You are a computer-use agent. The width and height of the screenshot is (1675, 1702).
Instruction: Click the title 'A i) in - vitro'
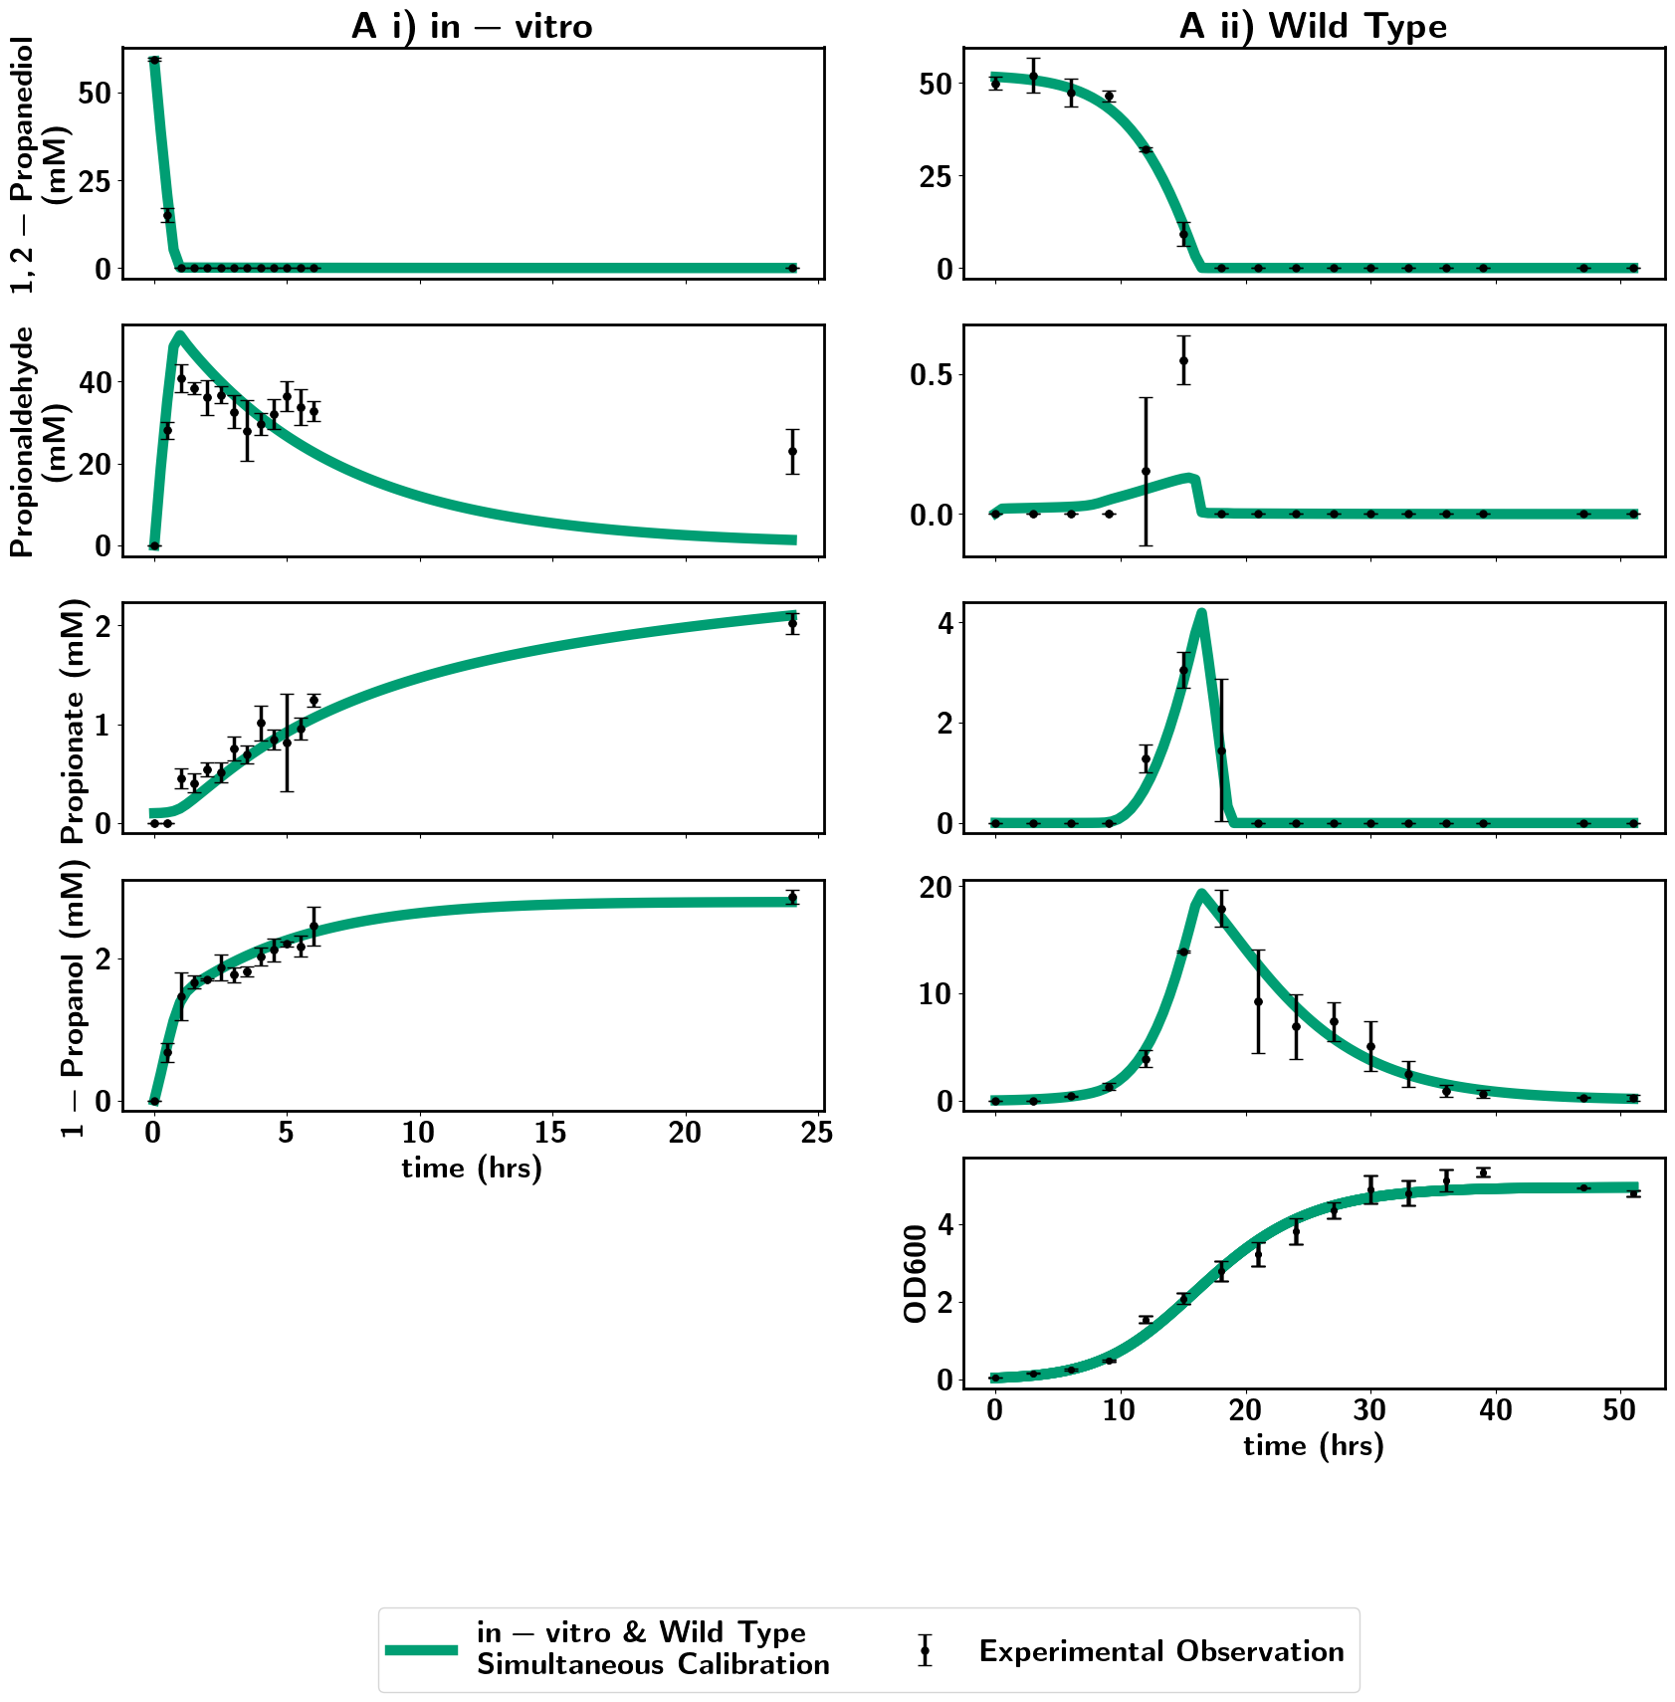(x=472, y=26)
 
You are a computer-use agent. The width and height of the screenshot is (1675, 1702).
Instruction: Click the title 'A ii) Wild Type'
(x=1313, y=26)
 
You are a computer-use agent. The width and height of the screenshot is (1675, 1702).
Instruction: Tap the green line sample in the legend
(x=421, y=1649)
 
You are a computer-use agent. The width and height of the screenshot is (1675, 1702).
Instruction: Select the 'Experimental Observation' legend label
(x=1160, y=1650)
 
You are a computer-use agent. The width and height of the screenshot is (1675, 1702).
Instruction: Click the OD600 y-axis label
(x=916, y=1273)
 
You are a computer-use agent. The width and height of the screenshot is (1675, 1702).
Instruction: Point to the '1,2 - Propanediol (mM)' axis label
(x=37, y=164)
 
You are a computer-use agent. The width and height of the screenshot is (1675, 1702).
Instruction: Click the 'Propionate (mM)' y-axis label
(x=76, y=721)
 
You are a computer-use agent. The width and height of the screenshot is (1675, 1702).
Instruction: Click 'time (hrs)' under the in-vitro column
(x=472, y=1168)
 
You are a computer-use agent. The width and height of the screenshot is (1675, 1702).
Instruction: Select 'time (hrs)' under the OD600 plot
(x=1314, y=1445)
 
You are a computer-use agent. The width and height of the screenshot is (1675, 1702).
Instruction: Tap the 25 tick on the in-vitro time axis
(x=817, y=1133)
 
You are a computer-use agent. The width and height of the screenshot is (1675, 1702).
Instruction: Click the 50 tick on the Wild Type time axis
(x=1620, y=1410)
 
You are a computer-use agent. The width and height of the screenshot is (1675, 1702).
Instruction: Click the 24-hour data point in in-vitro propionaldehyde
(x=792, y=451)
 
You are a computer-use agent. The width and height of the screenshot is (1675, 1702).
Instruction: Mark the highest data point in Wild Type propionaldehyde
(x=1183, y=360)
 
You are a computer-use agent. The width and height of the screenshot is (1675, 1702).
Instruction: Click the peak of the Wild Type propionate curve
(x=1202, y=613)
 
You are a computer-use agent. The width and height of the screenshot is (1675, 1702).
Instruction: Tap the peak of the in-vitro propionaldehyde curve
(x=179, y=335)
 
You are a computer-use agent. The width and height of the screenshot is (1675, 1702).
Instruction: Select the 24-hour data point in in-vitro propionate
(x=792, y=624)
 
